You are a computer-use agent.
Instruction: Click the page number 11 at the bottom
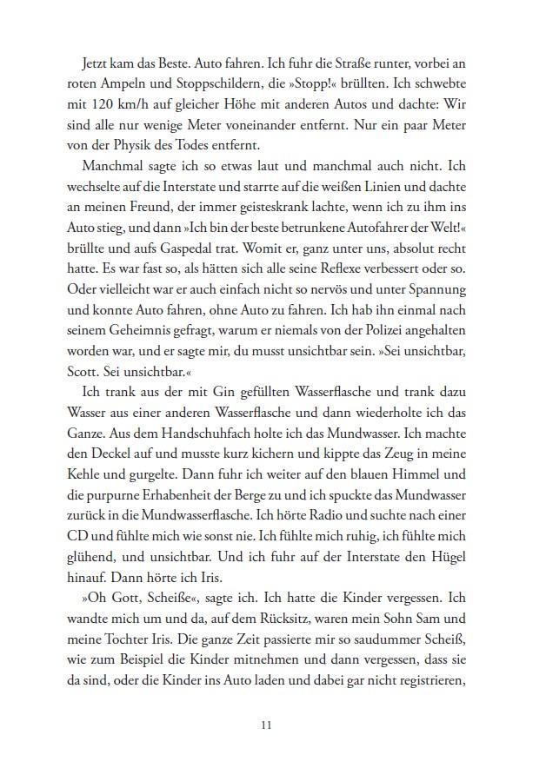tap(273, 724)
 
